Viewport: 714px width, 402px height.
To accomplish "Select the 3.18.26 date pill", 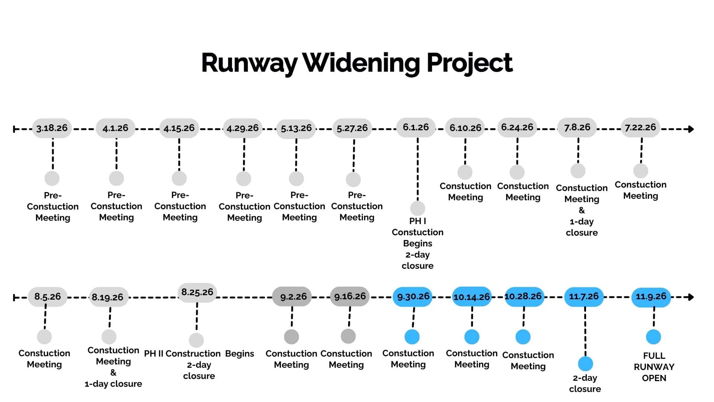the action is (x=52, y=128).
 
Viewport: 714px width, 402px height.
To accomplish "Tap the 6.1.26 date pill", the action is (x=416, y=127).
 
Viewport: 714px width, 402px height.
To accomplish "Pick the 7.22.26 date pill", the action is (x=640, y=127).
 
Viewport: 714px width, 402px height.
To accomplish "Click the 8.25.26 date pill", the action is (x=197, y=293).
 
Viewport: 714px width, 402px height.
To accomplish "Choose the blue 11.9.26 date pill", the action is (x=651, y=297).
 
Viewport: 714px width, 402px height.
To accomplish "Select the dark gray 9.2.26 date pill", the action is (x=292, y=297).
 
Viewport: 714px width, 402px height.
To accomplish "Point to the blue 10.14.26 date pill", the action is (x=472, y=297).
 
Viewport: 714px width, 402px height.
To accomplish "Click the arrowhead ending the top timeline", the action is (x=691, y=129).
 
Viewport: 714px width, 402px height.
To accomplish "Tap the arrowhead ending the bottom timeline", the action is (x=691, y=297).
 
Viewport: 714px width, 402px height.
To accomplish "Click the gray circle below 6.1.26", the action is (x=418, y=208).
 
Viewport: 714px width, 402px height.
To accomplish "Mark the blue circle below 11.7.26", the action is (x=585, y=364).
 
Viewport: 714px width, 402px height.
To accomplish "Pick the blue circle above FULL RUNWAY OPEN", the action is (x=653, y=337).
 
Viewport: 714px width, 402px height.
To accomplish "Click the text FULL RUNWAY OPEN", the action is (x=654, y=367).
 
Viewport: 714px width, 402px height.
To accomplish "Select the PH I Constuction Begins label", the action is (x=418, y=232).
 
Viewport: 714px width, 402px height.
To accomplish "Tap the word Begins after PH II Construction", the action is (x=240, y=354).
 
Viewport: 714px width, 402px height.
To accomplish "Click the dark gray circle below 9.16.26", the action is (x=348, y=336).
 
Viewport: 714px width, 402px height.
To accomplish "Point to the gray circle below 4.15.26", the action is (x=179, y=178).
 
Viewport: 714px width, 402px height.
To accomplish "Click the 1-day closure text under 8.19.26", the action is (x=113, y=384).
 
